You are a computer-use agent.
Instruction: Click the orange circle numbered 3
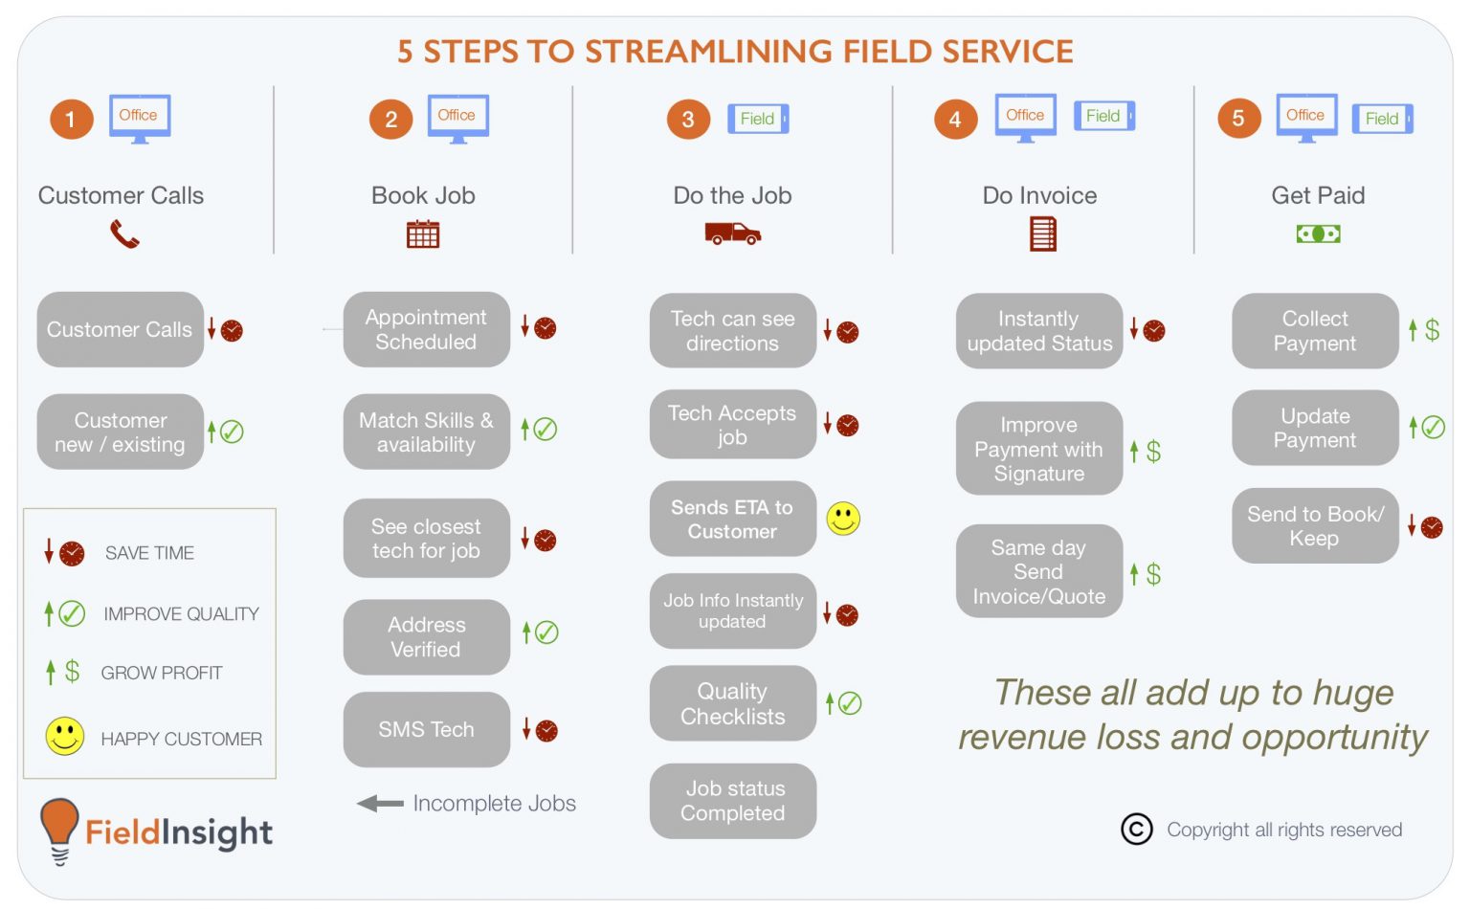(x=688, y=120)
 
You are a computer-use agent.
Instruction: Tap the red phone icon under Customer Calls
(x=124, y=234)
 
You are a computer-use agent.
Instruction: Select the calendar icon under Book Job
(x=423, y=234)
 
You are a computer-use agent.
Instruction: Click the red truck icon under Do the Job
(x=732, y=233)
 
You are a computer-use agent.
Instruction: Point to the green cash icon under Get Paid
(x=1318, y=233)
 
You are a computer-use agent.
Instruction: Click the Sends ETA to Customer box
(x=732, y=520)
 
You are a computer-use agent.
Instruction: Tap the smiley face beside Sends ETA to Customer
(x=843, y=519)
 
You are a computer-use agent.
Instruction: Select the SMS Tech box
(x=426, y=729)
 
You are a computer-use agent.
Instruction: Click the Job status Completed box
(x=732, y=801)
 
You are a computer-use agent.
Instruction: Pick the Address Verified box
(x=426, y=637)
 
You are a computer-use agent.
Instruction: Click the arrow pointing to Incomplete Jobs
(x=380, y=804)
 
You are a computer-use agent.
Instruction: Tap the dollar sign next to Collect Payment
(x=1432, y=330)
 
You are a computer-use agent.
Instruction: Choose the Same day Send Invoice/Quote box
(x=1038, y=571)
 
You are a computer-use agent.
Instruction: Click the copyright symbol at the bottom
(x=1137, y=829)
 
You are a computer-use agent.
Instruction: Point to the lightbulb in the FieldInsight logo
(x=59, y=826)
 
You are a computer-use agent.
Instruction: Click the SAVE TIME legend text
(x=149, y=553)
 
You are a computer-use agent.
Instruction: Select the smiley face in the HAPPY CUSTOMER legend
(x=65, y=737)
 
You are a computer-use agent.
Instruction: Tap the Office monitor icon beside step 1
(x=140, y=118)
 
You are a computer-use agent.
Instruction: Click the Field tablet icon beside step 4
(x=1103, y=116)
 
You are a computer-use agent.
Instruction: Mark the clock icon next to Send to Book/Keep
(x=1432, y=527)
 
